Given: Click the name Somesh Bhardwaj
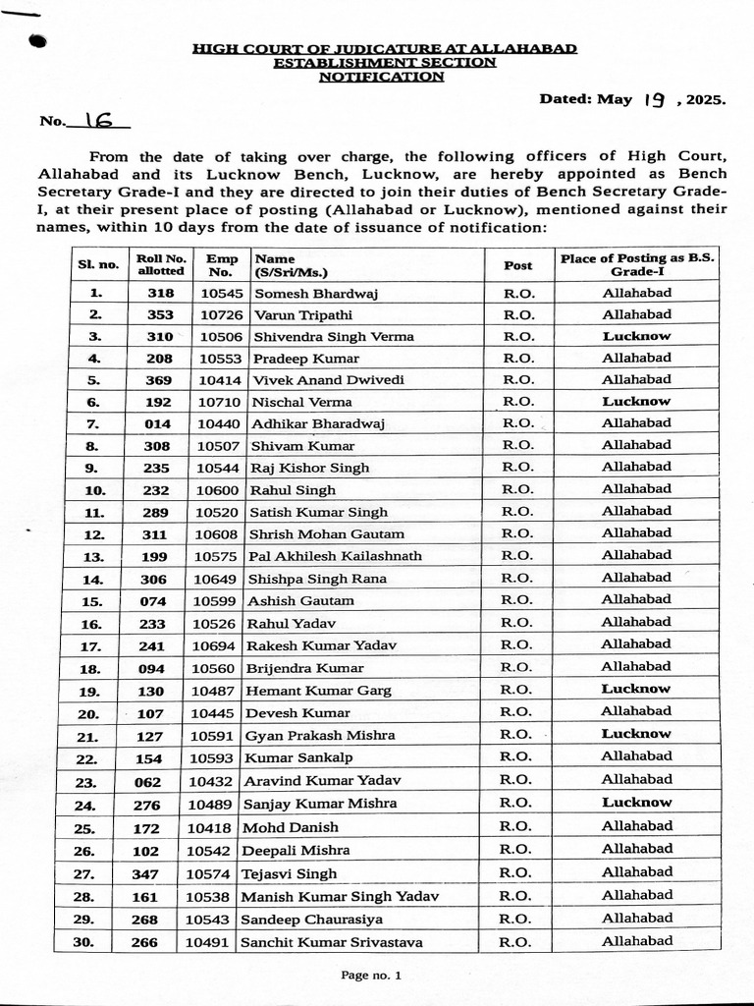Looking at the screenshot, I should (x=316, y=293).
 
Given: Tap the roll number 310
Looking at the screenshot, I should (x=160, y=336).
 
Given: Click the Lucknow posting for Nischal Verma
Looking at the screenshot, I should (x=636, y=401).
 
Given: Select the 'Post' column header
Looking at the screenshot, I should (x=517, y=265).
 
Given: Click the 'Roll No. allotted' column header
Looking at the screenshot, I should (x=160, y=264).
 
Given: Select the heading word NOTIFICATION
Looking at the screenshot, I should (x=381, y=77).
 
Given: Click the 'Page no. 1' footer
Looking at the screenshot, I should (x=371, y=976).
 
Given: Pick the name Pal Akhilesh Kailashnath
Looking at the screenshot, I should (x=335, y=556).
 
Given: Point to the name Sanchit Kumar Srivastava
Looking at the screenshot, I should (x=333, y=942).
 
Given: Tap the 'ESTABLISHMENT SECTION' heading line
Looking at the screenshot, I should (x=384, y=62).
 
